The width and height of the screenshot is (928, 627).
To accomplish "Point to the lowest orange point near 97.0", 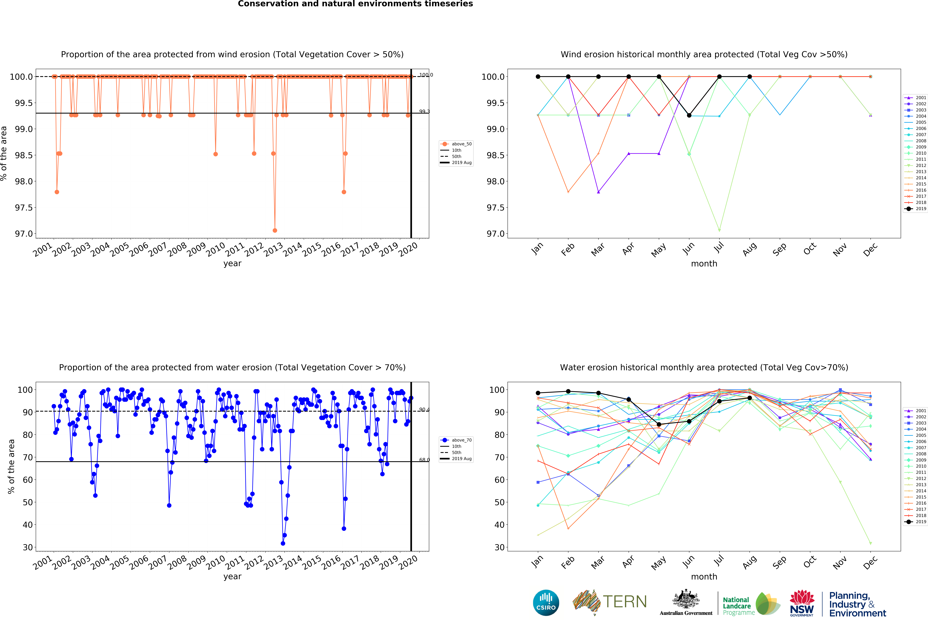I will tap(275, 230).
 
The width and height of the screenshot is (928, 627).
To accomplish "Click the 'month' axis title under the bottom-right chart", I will tap(704, 577).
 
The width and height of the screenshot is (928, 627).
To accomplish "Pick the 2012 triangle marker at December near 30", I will tap(870, 543).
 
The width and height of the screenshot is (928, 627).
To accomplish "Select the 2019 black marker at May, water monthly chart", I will tap(659, 424).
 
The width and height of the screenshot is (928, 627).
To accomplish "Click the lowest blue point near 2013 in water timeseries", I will tap(283, 543).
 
